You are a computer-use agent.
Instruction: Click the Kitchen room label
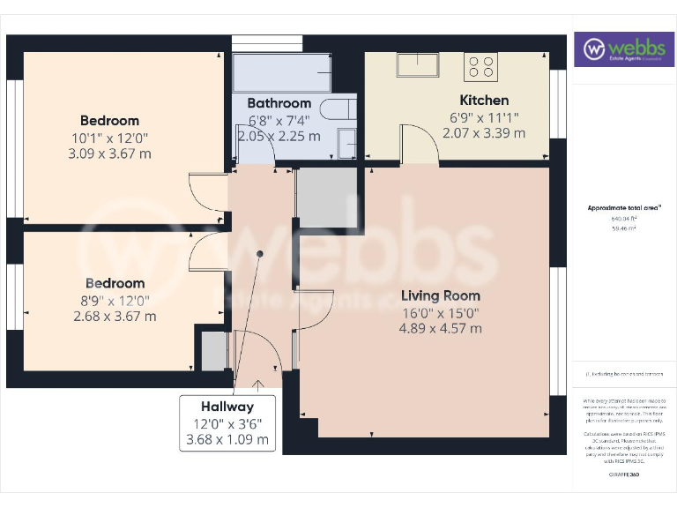(x=484, y=101)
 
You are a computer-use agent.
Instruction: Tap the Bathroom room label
(x=279, y=103)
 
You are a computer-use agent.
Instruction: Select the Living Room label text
(x=441, y=295)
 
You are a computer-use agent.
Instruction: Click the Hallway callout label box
(x=227, y=422)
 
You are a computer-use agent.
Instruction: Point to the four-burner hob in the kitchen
(x=480, y=66)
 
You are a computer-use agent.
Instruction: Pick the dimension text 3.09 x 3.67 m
(x=109, y=153)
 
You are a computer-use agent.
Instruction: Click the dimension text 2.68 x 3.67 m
(x=115, y=316)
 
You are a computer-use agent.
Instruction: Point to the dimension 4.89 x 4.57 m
(x=441, y=328)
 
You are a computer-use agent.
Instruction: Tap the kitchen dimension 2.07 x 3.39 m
(x=484, y=133)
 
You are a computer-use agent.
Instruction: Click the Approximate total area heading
(x=624, y=208)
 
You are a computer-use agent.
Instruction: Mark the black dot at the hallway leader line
(x=260, y=254)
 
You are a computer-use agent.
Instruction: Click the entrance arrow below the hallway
(x=258, y=383)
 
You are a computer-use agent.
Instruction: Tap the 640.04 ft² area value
(x=623, y=218)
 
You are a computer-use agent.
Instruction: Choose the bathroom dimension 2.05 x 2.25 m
(x=279, y=136)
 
